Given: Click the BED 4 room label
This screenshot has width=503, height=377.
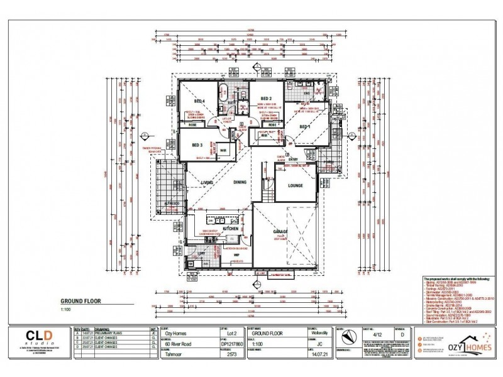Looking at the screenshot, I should [x=199, y=101].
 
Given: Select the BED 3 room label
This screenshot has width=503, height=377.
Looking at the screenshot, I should [x=197, y=144].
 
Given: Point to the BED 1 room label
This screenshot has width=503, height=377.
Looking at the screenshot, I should [x=305, y=128].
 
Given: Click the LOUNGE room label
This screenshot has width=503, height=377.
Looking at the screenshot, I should [x=296, y=185].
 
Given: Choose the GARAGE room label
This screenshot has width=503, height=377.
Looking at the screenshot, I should [x=280, y=231].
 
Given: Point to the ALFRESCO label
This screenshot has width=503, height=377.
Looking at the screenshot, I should [x=173, y=205].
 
